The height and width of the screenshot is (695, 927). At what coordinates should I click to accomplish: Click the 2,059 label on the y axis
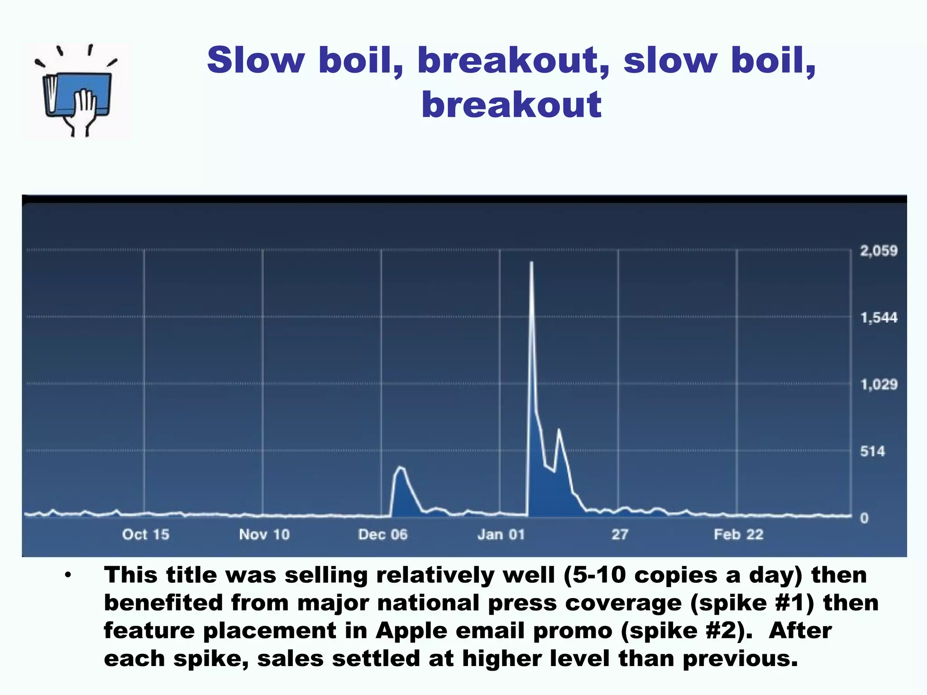879,251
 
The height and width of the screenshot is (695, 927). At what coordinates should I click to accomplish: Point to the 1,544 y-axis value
879,318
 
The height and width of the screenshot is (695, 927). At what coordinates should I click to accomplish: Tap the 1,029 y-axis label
879,385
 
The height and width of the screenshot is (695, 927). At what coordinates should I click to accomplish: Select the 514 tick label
872,451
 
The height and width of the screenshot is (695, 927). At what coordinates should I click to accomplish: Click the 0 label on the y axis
864,518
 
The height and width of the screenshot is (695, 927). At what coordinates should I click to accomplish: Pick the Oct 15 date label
145,534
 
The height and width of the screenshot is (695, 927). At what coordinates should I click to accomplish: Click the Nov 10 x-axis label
264,534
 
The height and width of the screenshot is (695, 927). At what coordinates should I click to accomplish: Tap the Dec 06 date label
383,534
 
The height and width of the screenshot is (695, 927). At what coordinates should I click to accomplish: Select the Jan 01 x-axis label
501,534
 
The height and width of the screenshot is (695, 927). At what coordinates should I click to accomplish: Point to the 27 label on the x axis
620,534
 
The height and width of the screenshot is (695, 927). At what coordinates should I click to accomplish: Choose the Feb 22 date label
739,534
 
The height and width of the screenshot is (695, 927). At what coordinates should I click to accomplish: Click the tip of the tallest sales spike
531,262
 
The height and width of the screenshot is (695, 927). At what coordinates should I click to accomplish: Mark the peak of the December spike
400,467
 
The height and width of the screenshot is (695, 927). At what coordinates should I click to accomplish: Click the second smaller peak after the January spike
559,429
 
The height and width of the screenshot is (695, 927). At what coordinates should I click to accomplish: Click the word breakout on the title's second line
511,105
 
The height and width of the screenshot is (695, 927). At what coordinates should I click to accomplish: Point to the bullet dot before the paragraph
68,576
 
